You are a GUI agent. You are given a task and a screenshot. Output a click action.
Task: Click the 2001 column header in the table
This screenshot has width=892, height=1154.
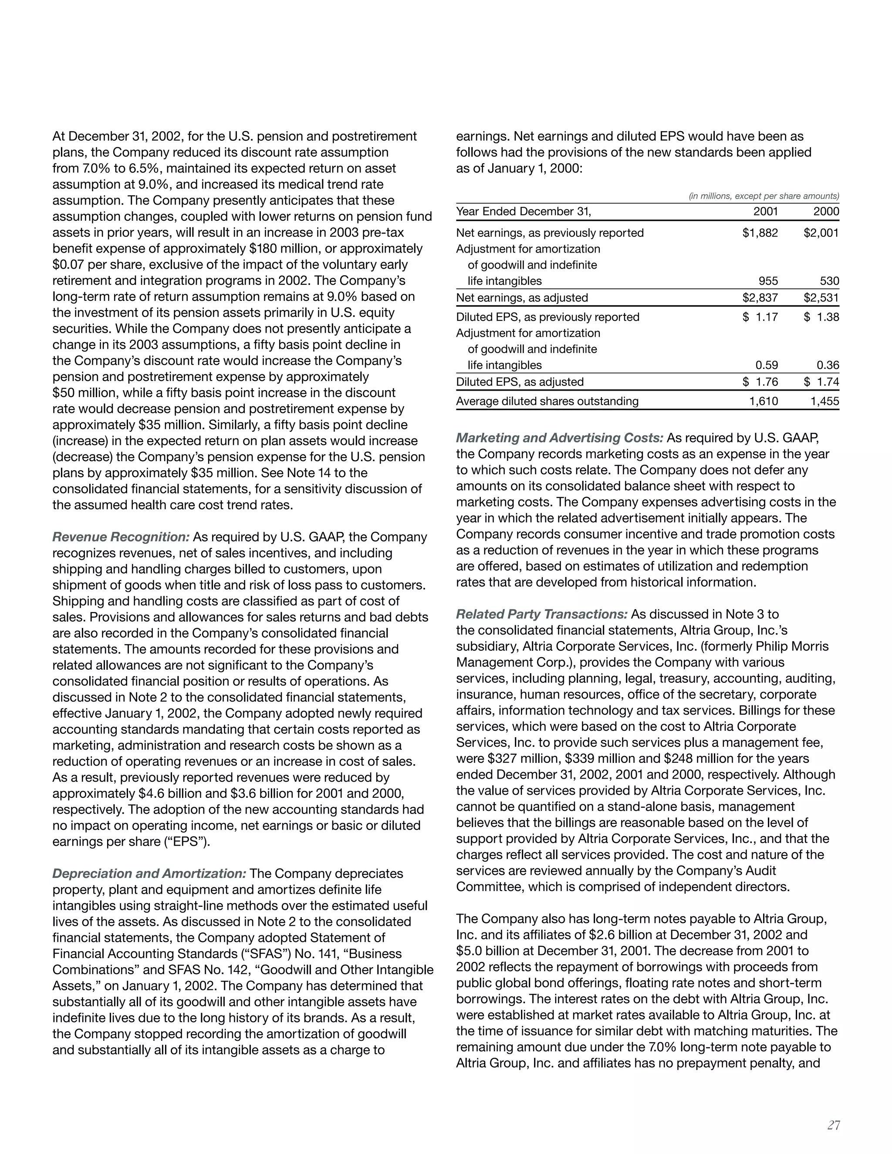765,211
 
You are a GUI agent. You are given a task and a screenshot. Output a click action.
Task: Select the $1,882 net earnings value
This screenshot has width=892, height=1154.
760,233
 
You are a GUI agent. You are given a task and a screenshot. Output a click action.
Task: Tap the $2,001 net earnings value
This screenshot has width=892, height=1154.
821,233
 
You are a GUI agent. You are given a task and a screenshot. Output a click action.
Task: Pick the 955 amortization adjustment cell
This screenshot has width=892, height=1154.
768,281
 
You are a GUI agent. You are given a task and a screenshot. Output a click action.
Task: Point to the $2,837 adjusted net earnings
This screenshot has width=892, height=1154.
760,297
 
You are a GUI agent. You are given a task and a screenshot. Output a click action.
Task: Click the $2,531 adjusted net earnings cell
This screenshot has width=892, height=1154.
821,297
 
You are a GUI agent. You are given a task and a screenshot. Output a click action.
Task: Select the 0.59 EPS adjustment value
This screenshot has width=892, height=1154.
766,365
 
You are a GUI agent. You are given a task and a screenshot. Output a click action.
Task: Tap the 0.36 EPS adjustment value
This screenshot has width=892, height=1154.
828,365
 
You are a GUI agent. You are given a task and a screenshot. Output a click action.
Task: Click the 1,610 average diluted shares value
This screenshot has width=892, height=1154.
764,401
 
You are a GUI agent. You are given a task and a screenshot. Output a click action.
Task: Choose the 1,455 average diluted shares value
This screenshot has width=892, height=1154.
824,401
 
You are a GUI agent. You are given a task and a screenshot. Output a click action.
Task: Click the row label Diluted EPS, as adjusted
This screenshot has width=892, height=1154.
520,382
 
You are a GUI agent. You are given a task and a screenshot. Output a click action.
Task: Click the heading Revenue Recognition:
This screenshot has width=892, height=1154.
121,537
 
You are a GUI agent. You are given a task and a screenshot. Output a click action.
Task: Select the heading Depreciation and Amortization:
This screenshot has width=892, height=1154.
149,874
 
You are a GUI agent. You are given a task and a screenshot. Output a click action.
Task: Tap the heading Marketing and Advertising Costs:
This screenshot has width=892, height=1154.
560,438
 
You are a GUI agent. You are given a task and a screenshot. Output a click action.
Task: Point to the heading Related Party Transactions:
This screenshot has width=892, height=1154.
542,614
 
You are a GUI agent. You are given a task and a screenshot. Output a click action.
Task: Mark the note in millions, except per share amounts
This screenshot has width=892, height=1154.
764,196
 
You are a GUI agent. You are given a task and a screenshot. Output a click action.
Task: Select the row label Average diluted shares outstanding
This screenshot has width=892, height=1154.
547,401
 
